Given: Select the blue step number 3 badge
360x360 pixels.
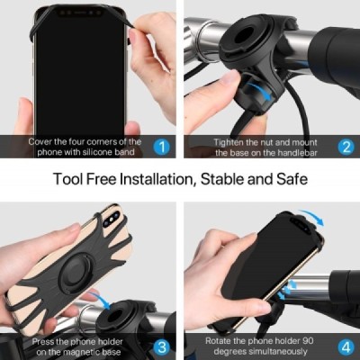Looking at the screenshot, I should tap(161, 346).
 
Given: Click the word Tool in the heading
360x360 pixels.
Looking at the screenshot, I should tap(67, 179).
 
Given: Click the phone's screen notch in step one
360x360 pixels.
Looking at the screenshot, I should tap(79, 13).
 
